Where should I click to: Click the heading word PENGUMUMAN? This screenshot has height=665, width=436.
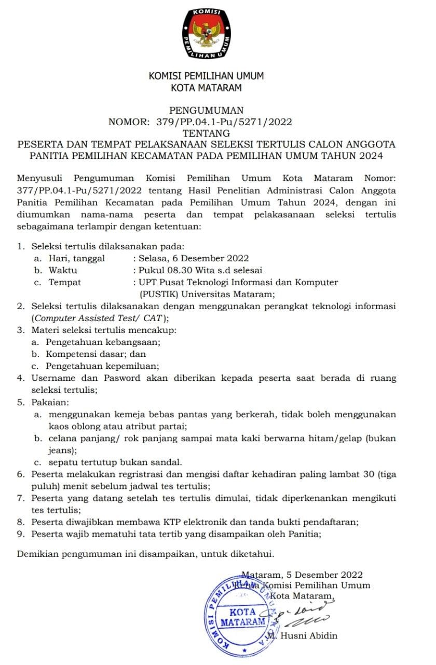(207, 110)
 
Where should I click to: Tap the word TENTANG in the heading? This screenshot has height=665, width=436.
(207, 134)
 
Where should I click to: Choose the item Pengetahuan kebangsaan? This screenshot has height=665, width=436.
(103, 342)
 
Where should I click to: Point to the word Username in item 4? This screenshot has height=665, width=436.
(53, 378)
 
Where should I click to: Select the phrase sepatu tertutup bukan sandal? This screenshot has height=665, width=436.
(115, 462)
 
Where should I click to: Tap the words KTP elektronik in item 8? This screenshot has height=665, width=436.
(206, 522)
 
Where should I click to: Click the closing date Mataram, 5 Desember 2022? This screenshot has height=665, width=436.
(302, 575)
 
